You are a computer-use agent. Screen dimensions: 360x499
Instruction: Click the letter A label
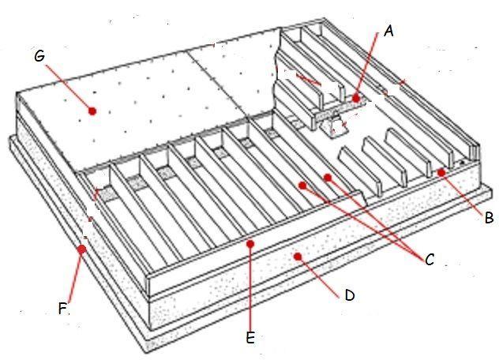pos(388,32)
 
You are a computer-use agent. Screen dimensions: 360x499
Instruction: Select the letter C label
pos(430,259)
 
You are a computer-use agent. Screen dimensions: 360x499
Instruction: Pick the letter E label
pos(250,337)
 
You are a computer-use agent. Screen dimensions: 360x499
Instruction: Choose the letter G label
pos(39,56)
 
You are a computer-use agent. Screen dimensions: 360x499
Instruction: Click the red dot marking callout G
pos(93,111)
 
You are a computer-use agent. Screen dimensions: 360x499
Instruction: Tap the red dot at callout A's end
pos(357,99)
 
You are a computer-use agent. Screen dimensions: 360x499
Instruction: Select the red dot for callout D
pos(297,256)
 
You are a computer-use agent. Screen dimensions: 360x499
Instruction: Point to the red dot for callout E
pos(249,244)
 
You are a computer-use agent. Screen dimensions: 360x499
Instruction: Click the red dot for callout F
pos(81,249)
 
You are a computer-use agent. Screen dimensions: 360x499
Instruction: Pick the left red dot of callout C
pos(301,184)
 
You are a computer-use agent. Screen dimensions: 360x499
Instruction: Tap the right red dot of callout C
pos(328,178)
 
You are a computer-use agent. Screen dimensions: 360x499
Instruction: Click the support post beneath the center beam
pos(336,124)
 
